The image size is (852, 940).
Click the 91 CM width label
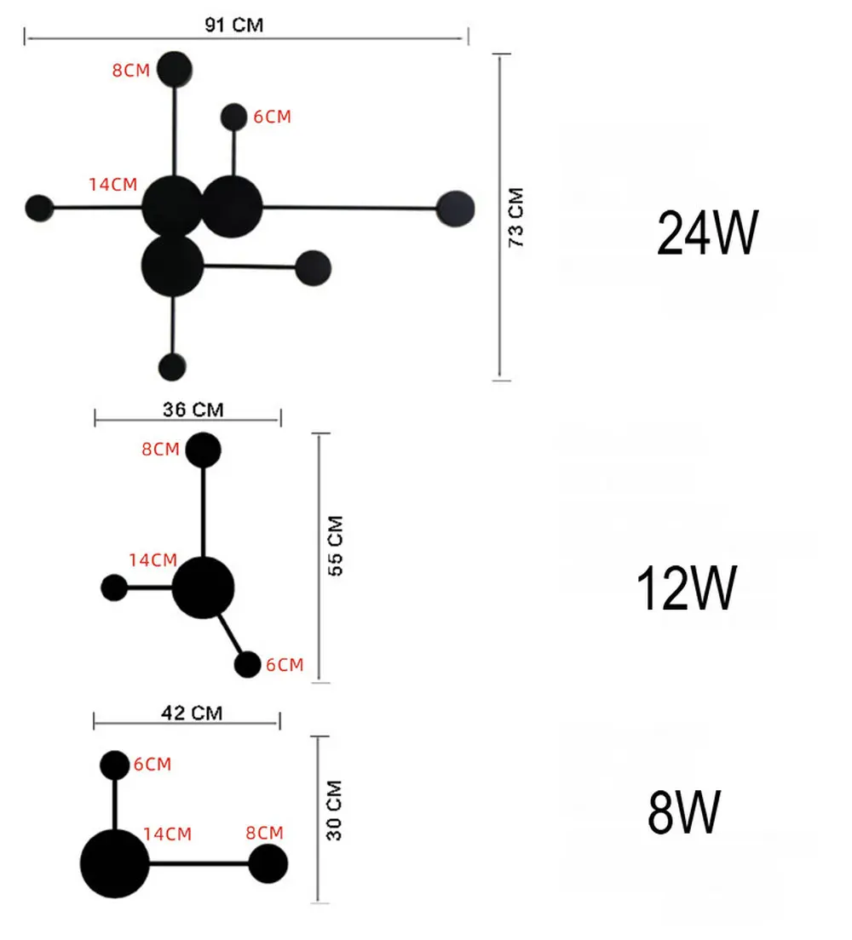click(234, 26)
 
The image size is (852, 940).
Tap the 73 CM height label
click(516, 217)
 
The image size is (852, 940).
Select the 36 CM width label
click(193, 410)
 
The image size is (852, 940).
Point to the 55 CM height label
click(336, 546)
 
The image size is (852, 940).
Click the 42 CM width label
click(192, 713)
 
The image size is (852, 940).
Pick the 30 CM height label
click(334, 811)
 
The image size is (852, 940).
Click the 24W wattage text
click(708, 233)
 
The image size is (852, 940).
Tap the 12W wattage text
click(687, 588)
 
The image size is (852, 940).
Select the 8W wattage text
click(684, 811)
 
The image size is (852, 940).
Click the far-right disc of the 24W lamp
click(456, 209)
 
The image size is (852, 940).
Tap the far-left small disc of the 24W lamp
click(39, 208)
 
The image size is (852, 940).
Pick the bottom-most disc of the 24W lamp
click(172, 367)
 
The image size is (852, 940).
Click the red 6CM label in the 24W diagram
click(273, 117)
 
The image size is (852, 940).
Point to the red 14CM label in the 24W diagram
click(113, 184)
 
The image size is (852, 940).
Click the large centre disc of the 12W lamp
click(204, 587)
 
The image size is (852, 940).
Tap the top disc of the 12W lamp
click(204, 450)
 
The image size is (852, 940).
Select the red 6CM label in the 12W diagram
click(285, 664)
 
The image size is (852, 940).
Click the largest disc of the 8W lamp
click(115, 863)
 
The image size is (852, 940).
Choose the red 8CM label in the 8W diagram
click(265, 833)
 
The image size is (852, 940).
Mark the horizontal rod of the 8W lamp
click(199, 864)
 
